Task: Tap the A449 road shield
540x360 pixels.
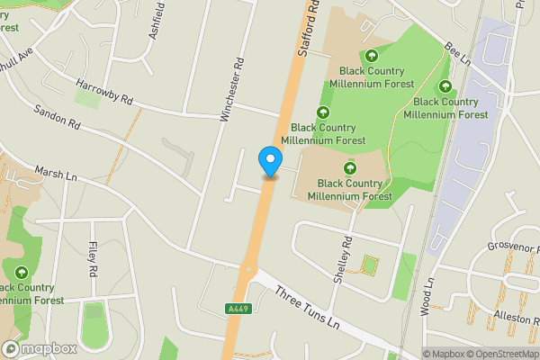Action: point(237,309)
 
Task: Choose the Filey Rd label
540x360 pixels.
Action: point(93,258)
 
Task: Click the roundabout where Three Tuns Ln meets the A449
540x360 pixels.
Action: point(248,268)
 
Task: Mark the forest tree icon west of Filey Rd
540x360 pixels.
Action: point(21,272)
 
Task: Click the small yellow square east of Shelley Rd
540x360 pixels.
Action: point(368,265)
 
